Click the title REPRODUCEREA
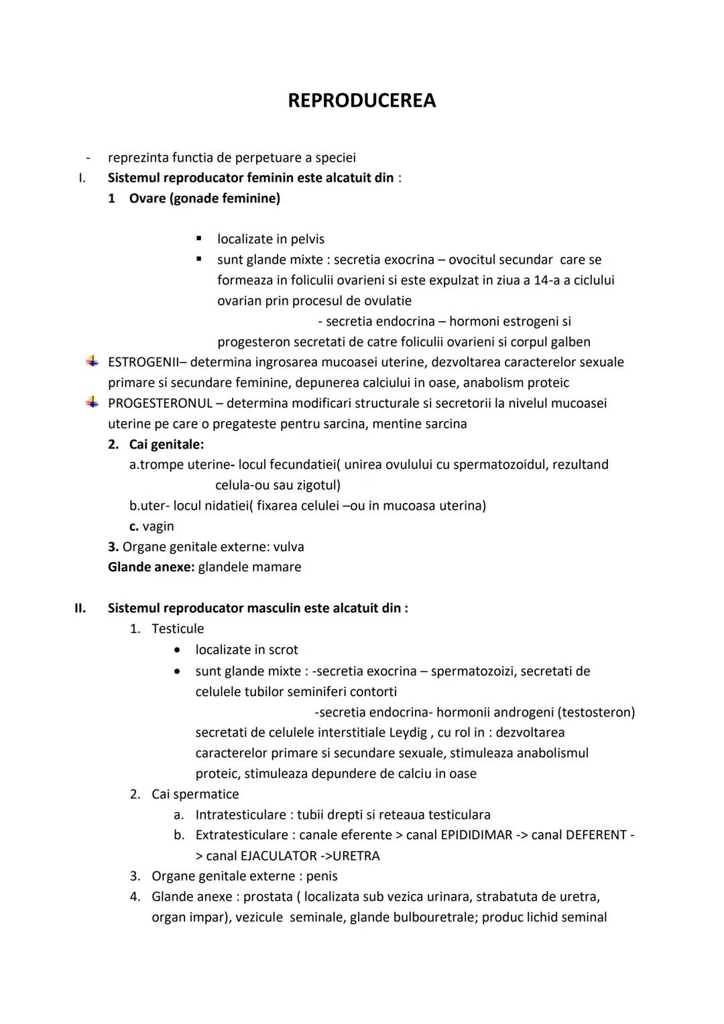[361, 101]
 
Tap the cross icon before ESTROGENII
[92, 361]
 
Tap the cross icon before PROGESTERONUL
[92, 402]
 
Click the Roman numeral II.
[80, 608]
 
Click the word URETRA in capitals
[356, 856]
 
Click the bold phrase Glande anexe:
[151, 567]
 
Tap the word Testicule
[178, 628]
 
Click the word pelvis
[307, 239]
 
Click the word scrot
[283, 650]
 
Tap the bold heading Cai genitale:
[166, 444]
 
